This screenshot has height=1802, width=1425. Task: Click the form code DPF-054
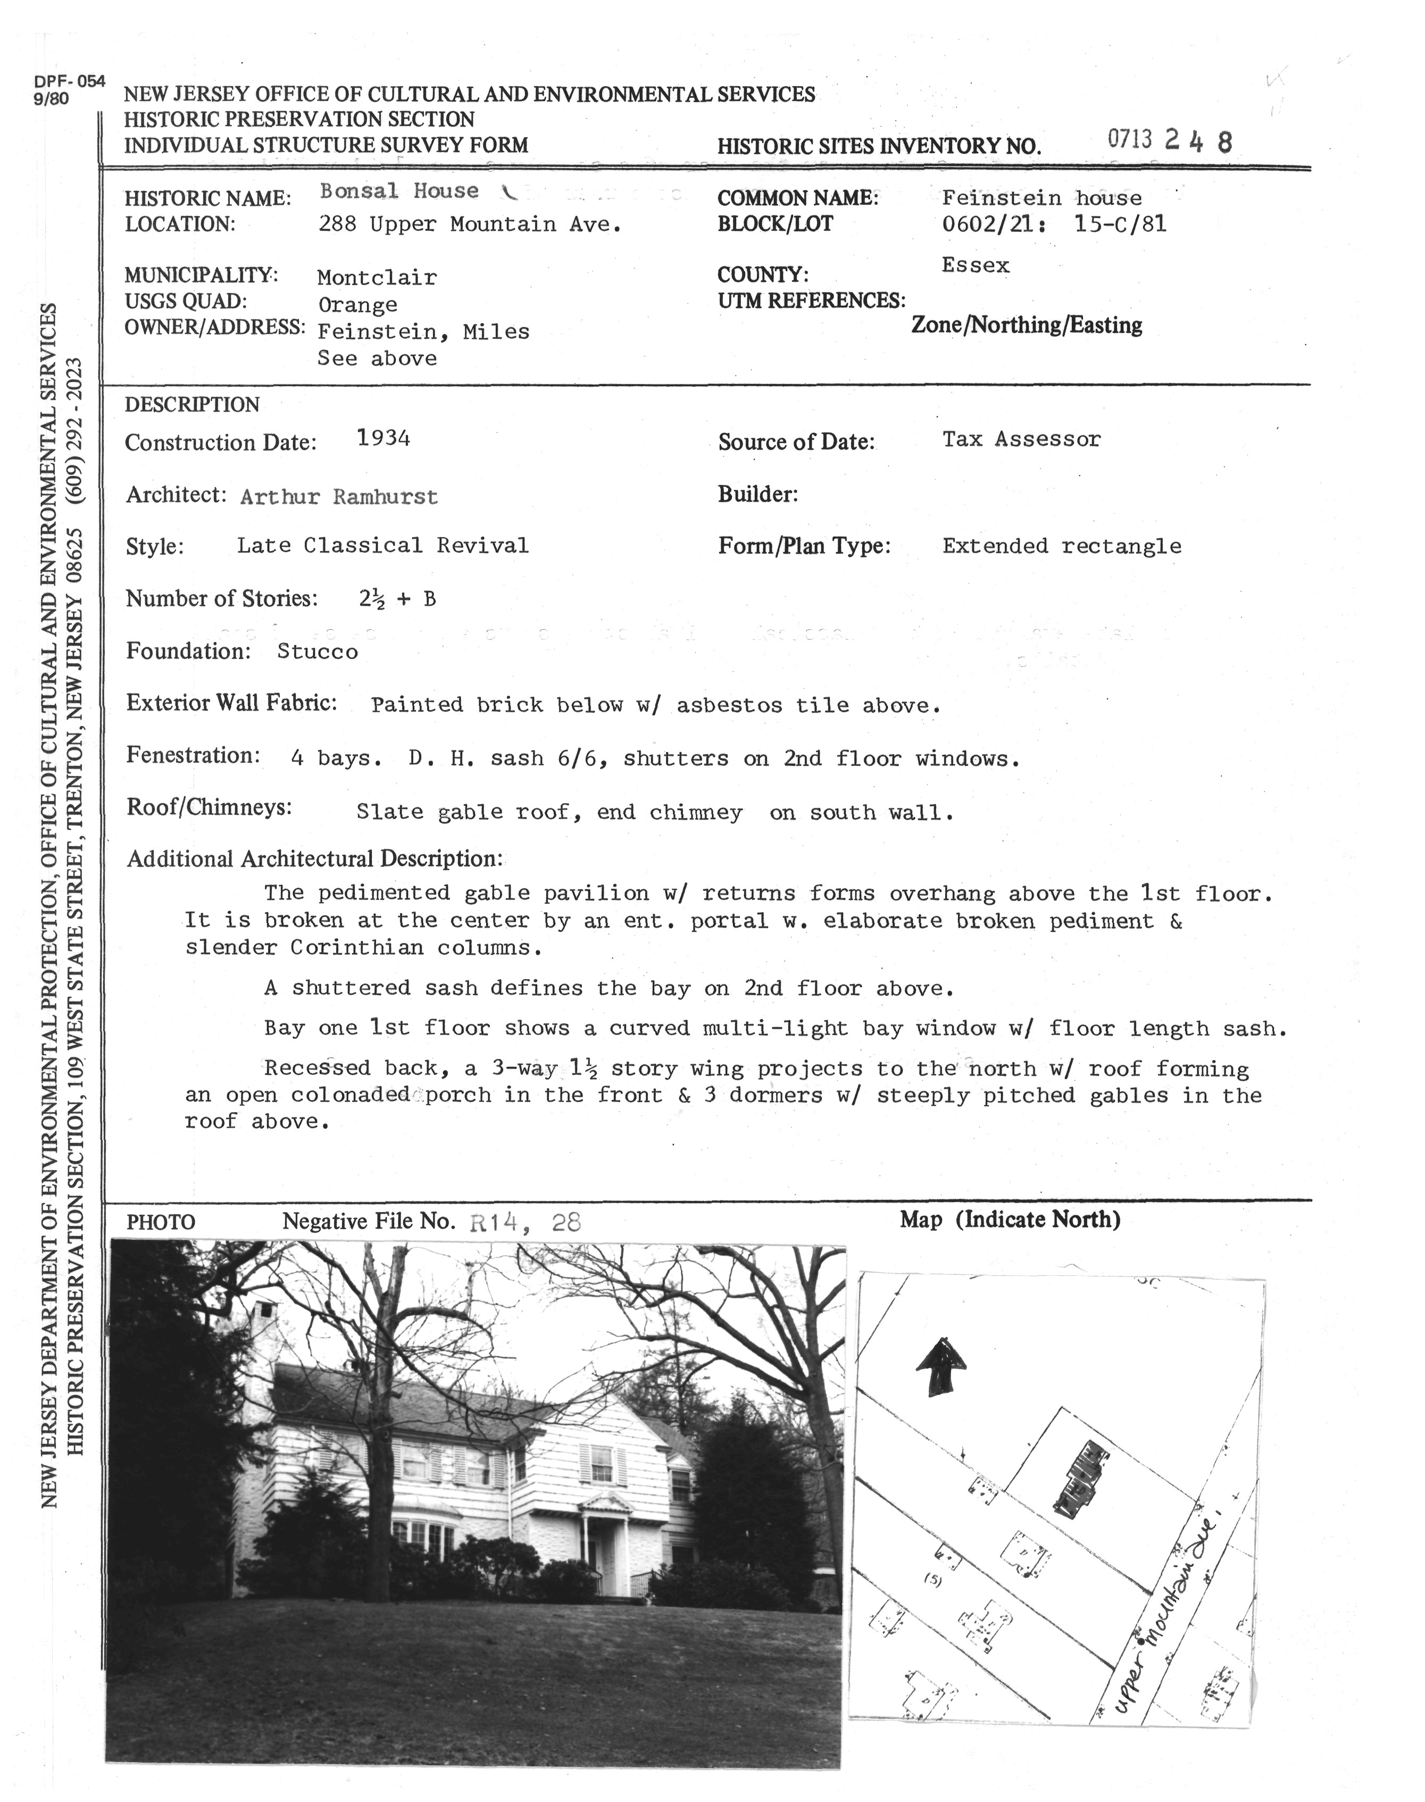70,82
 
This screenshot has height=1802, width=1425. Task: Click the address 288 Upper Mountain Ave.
471,224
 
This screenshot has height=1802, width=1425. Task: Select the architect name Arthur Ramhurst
339,497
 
